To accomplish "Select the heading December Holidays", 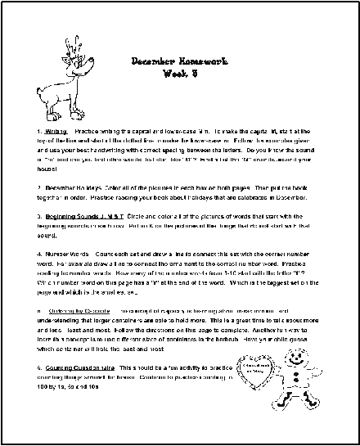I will click(71, 187).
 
